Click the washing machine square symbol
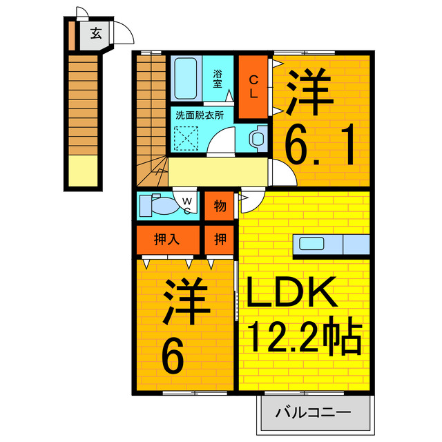click(187, 137)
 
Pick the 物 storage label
click(220, 205)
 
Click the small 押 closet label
click(220, 240)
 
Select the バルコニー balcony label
click(314, 414)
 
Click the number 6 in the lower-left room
click(173, 357)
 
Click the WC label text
click(186, 205)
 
